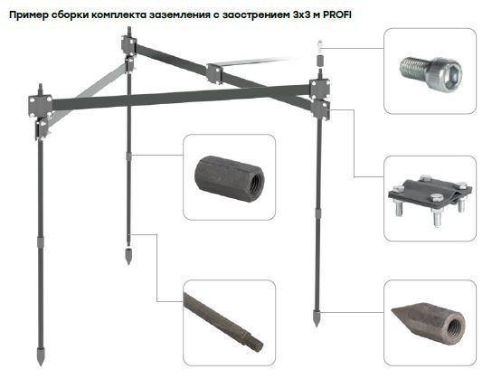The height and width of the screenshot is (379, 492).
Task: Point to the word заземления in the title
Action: pos(188,12)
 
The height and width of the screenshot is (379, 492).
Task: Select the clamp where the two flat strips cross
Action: pos(215,73)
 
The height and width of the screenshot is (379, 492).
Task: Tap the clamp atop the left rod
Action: pos(42,105)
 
